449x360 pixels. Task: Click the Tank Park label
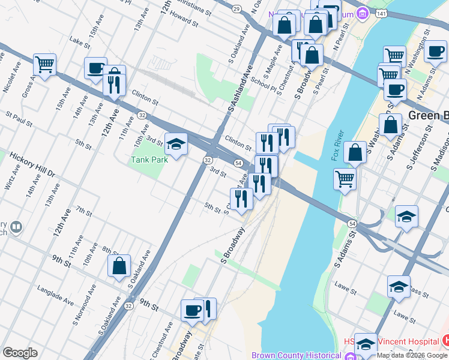coord(146,160)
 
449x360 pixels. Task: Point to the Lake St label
coord(79,43)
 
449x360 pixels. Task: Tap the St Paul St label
coord(19,118)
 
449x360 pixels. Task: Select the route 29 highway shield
coord(237,8)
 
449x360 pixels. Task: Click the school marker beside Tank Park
coord(176,145)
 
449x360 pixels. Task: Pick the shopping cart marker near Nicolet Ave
coord(44,64)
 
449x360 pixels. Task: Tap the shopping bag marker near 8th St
coord(119,266)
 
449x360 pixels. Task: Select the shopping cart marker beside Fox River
coord(345,178)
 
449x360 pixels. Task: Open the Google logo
coord(20,353)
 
